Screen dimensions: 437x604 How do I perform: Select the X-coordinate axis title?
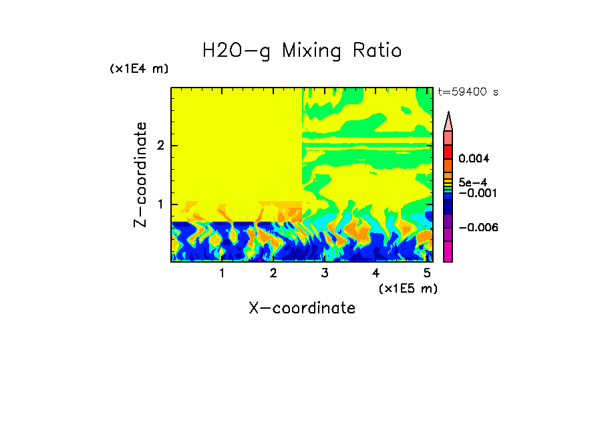[x=302, y=308]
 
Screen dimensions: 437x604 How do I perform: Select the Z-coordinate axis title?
[x=140, y=174]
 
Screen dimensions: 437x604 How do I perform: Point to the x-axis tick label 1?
[x=222, y=273]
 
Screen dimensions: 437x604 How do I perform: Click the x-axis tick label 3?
[x=324, y=273]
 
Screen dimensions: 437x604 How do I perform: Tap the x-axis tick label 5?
[x=427, y=273]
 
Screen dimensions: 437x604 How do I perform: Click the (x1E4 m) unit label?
[x=139, y=69]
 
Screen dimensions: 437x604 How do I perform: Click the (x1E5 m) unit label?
[x=408, y=288]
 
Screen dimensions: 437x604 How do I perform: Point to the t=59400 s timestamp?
[x=468, y=92]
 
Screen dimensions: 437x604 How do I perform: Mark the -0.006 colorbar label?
[x=478, y=227]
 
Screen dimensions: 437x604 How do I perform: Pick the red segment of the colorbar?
[x=448, y=152]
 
